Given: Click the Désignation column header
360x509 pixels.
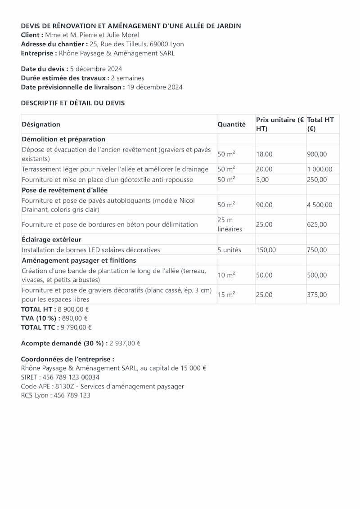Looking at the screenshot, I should [x=41, y=124].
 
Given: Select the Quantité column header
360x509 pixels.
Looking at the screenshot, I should [x=231, y=124].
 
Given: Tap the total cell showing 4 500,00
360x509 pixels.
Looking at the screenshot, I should [x=319, y=205].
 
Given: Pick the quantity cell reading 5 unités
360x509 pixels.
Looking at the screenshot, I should [x=229, y=250].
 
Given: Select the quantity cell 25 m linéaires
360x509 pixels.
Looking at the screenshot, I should [x=229, y=224].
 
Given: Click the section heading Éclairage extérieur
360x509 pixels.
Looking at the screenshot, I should [x=51, y=240].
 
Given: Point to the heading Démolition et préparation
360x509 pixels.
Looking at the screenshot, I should [x=63, y=139].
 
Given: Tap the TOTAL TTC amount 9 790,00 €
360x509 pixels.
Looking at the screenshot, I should [x=76, y=327].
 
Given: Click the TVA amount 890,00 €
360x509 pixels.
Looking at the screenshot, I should [x=75, y=318].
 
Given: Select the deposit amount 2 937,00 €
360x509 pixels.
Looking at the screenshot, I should [x=125, y=343].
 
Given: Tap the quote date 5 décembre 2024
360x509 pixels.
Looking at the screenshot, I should [x=96, y=69].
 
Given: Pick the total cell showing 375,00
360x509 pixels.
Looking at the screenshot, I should [x=317, y=295].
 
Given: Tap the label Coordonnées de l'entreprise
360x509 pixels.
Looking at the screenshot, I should [x=67, y=359].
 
